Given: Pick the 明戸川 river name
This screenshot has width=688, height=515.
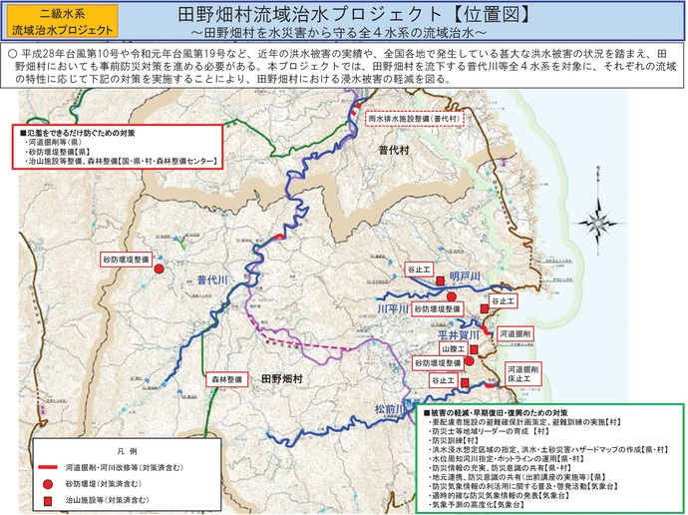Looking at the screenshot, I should point(465,274).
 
